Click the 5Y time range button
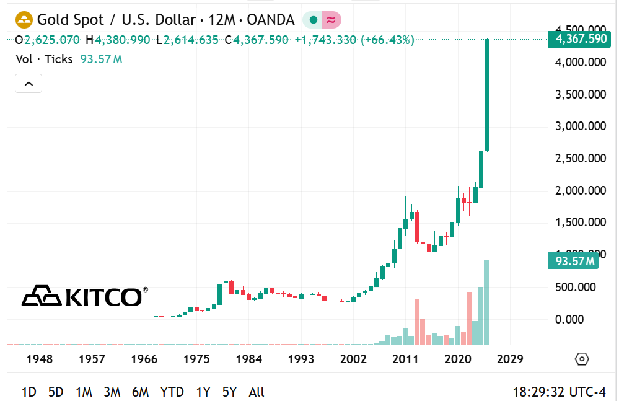pyautogui.click(x=229, y=392)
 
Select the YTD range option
pyautogui.click(x=172, y=392)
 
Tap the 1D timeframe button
pyautogui.click(x=29, y=392)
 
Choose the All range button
pyautogui.click(x=257, y=392)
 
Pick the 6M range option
pyautogui.click(x=140, y=392)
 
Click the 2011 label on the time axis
pyautogui.click(x=406, y=359)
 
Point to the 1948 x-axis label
pyautogui.click(x=39, y=359)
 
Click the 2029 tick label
pyautogui.click(x=510, y=359)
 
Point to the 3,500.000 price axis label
pyautogui.click(x=581, y=94)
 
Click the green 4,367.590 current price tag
pyautogui.click(x=579, y=39)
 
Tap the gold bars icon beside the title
pyautogui.click(x=24, y=20)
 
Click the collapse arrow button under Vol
pyautogui.click(x=28, y=83)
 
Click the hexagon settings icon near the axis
pyautogui.click(x=581, y=359)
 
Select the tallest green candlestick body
pyautogui.click(x=488, y=95)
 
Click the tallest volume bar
pyautogui.click(x=486, y=302)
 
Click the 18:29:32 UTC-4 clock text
pyautogui.click(x=559, y=392)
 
